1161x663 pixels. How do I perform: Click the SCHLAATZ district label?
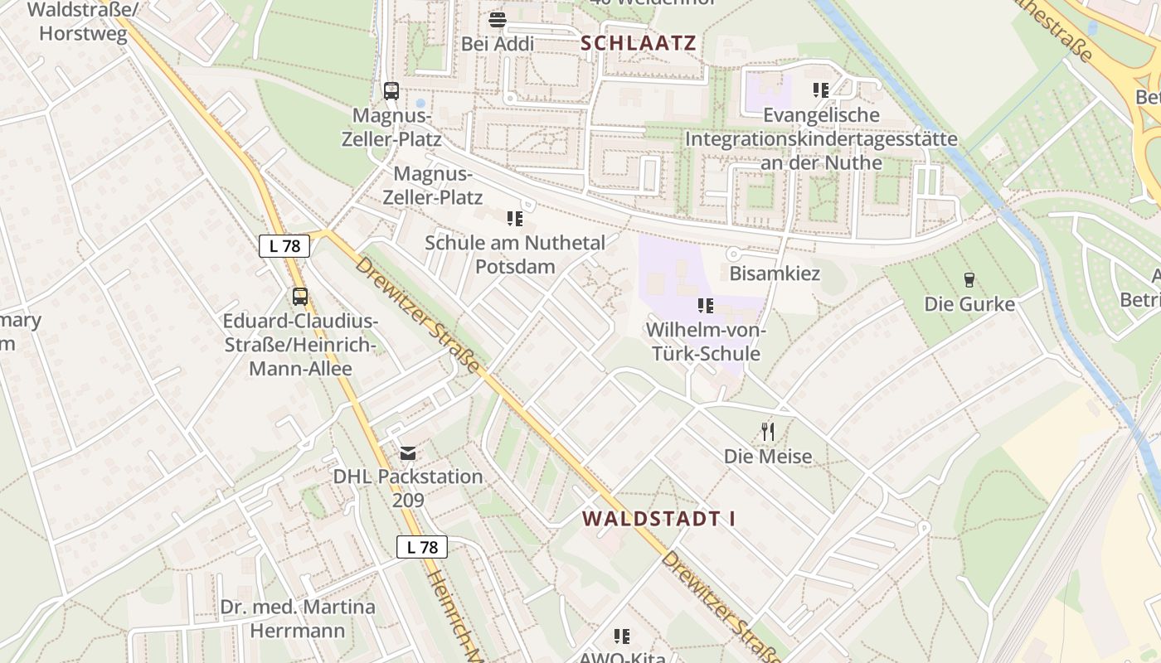point(639,44)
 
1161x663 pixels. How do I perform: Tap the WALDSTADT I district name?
point(658,519)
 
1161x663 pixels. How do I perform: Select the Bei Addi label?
point(498,44)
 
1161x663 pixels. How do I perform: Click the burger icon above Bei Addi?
point(498,18)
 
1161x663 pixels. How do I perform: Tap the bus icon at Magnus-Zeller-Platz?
point(391,91)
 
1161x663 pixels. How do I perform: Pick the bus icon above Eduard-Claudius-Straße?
point(300,296)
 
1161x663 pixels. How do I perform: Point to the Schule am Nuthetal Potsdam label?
point(514,254)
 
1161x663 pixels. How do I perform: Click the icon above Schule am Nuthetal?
point(514,219)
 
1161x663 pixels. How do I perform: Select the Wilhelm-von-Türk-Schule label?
point(706,341)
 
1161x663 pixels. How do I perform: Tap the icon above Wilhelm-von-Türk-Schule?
point(705,306)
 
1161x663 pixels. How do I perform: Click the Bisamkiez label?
point(775,273)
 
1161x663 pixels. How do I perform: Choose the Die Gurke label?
point(969,304)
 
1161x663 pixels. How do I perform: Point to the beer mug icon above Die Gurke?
point(969,280)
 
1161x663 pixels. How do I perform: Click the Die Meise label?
point(768,456)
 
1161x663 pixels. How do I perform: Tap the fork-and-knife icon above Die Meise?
point(768,431)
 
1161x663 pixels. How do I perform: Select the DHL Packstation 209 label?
point(408,488)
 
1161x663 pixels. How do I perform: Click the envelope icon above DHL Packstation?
point(408,453)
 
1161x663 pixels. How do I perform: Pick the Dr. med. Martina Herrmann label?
point(298,618)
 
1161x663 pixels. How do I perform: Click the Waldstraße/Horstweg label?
point(82,22)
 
